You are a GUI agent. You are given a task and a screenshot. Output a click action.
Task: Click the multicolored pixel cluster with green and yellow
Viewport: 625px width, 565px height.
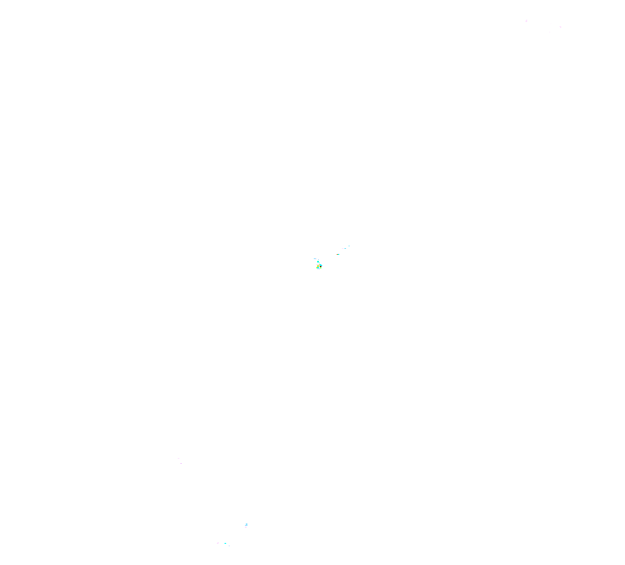pos(319,266)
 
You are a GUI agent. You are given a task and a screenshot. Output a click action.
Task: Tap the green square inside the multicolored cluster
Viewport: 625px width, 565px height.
pos(321,268)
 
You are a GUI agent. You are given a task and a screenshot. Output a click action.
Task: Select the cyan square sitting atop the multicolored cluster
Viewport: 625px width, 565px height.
pos(318,262)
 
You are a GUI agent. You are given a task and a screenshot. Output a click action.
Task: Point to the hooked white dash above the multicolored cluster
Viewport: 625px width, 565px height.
pos(315,259)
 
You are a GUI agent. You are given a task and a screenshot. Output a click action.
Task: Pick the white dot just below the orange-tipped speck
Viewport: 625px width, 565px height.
pos(334,257)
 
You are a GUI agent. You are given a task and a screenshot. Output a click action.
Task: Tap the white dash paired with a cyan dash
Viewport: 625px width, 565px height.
pos(343,248)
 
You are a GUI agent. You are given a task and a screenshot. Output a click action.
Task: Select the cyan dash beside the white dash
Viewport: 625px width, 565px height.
pos(345,248)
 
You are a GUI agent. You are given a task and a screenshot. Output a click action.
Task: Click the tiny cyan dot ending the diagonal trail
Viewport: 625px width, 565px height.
pos(349,246)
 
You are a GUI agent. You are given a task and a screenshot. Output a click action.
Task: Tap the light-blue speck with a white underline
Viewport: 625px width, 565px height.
pos(246,525)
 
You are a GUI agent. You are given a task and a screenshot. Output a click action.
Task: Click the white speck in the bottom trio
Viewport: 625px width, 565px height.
pos(218,543)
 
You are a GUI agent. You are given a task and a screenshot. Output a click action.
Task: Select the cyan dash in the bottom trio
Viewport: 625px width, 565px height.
pos(225,543)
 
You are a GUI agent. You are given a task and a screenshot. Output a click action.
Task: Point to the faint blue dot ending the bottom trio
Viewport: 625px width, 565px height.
pos(229,545)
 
